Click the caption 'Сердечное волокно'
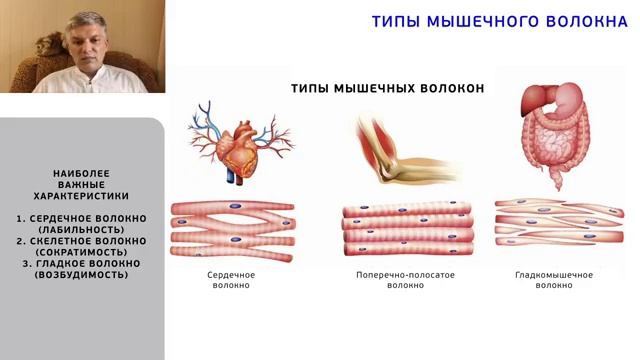point(231,279)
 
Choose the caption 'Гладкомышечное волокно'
point(554,279)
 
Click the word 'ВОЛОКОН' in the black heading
point(449,88)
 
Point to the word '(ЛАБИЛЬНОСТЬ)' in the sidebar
point(82,230)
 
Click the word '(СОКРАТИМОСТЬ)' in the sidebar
point(82,252)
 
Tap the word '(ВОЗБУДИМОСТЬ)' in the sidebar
point(82,274)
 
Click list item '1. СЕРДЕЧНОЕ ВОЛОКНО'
point(82,218)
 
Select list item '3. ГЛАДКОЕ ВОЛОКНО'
point(82,263)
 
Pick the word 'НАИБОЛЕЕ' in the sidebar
point(82,174)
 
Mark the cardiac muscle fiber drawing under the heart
point(232,228)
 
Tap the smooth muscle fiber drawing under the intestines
point(557,227)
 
